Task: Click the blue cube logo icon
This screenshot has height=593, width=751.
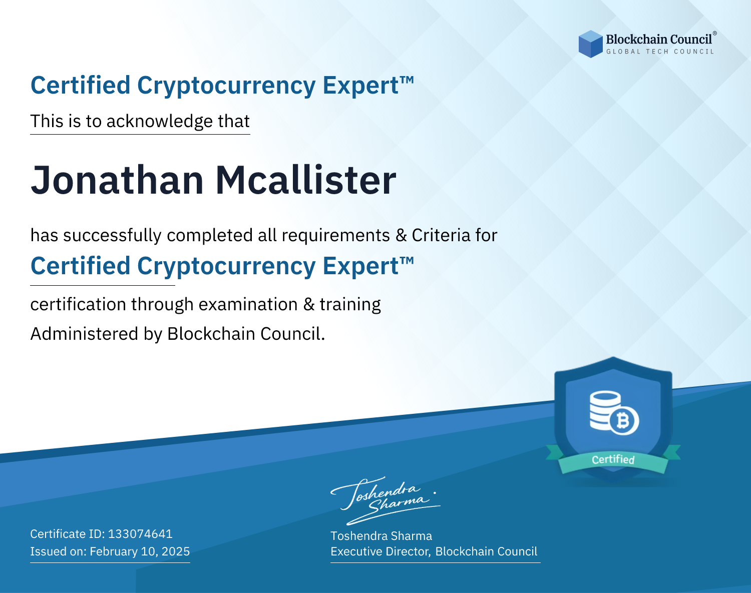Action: pos(590,44)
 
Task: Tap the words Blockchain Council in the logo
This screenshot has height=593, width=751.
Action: pos(659,40)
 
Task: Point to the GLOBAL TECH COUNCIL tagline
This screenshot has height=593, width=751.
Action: pos(660,52)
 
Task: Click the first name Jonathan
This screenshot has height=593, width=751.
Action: pos(117,180)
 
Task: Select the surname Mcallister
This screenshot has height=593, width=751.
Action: pos(306,180)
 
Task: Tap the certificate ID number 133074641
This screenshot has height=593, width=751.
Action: pos(140,533)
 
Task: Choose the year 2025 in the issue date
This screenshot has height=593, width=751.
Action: pos(176,551)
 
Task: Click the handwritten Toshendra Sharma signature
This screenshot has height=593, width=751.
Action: pos(386,500)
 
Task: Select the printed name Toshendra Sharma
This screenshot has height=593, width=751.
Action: pos(381,536)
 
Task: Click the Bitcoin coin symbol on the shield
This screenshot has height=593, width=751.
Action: pos(623,421)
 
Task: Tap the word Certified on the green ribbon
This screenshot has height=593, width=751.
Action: pos(613,460)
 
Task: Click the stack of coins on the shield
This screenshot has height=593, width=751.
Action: pos(605,410)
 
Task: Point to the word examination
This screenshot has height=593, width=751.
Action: pos(248,304)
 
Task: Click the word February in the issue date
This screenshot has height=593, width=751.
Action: pos(114,551)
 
